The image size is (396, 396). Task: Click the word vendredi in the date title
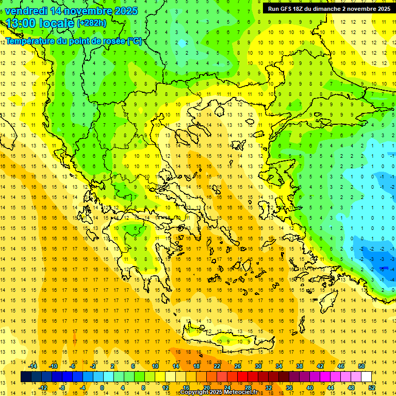[x=27, y=10]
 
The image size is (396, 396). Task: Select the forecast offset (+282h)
[x=92, y=23]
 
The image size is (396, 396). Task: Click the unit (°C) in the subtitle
[x=135, y=41]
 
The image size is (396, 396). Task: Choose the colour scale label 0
[x=102, y=388]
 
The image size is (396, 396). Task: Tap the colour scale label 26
[x=238, y=366]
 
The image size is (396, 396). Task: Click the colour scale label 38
[x=299, y=366]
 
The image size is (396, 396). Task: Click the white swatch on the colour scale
[x=366, y=376]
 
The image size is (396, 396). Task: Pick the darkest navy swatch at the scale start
[x=26, y=376]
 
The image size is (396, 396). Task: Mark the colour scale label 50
[x=361, y=366]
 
